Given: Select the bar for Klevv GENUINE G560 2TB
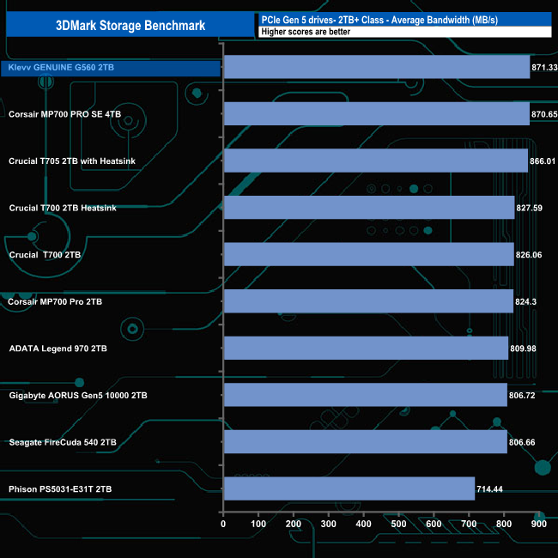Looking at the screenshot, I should pyautogui.click(x=376, y=67).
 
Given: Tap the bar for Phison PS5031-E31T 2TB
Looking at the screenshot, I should pyautogui.click(x=349, y=488).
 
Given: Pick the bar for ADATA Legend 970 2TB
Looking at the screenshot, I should pyautogui.click(x=365, y=348).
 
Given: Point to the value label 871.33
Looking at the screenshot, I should pyautogui.click(x=545, y=67).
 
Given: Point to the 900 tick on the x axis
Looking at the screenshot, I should pyautogui.click(x=538, y=523).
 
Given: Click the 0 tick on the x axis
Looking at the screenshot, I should pyautogui.click(x=223, y=523).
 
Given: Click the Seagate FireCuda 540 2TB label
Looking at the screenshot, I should pyautogui.click(x=63, y=442).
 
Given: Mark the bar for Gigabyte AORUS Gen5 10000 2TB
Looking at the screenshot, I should pyautogui.click(x=365, y=395).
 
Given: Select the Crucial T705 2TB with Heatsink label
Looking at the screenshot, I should pyautogui.click(x=72, y=161).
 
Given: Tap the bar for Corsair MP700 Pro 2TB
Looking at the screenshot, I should pyautogui.click(x=367, y=301).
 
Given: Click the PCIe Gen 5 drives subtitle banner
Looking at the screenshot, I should pyautogui.click(x=403, y=19).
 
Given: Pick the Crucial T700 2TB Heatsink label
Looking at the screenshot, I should pyautogui.click(x=63, y=208).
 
